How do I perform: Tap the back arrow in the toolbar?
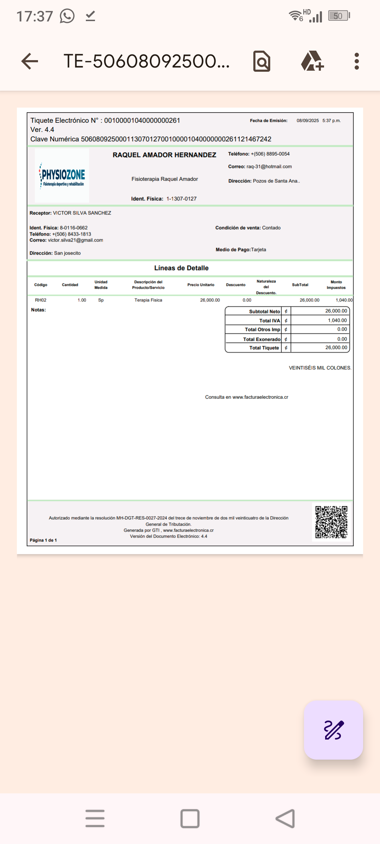point(30,62)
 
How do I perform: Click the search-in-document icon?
point(262,62)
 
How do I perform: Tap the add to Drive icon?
point(312,61)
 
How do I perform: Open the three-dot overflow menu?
point(357,62)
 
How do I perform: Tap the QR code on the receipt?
point(331,522)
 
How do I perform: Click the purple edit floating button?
point(333,730)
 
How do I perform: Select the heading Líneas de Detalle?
point(181,268)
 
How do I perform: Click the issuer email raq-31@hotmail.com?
point(269,167)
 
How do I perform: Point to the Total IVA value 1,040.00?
point(337,320)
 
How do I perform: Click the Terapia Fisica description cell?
point(148,300)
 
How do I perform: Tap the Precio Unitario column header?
point(201,285)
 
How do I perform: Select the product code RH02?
point(40,300)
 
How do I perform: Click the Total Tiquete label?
point(264,348)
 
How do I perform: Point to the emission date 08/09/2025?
point(308,121)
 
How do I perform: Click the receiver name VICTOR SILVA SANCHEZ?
point(82,213)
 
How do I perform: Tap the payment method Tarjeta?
point(259,250)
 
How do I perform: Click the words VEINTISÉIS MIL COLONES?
point(319,368)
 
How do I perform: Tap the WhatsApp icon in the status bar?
point(67,16)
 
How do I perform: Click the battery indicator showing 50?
point(338,16)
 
